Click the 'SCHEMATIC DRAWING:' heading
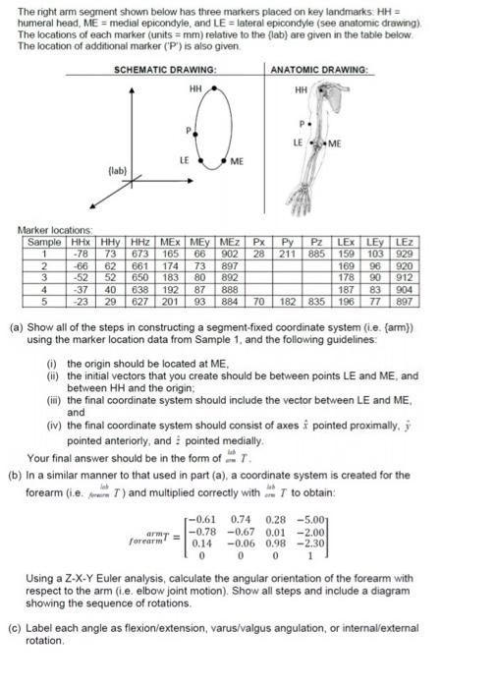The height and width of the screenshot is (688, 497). tap(165, 70)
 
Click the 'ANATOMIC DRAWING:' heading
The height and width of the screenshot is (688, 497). tap(318, 70)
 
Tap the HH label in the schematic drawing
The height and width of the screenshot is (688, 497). tap(195, 88)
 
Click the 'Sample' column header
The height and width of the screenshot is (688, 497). tap(43, 241)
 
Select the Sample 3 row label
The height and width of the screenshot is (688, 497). tap(43, 275)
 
